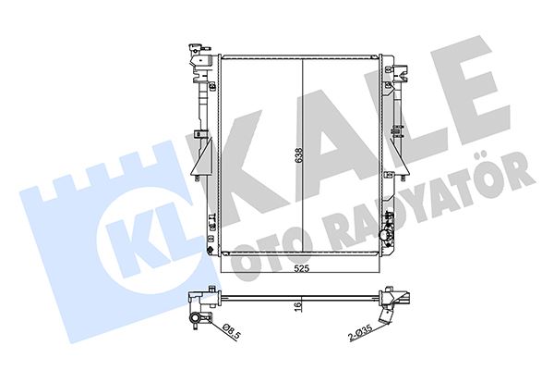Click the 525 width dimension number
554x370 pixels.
pos(302,271)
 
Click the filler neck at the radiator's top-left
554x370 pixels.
pos(197,55)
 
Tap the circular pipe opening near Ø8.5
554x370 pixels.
pos(199,321)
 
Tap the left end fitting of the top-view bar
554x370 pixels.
pos(196,300)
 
